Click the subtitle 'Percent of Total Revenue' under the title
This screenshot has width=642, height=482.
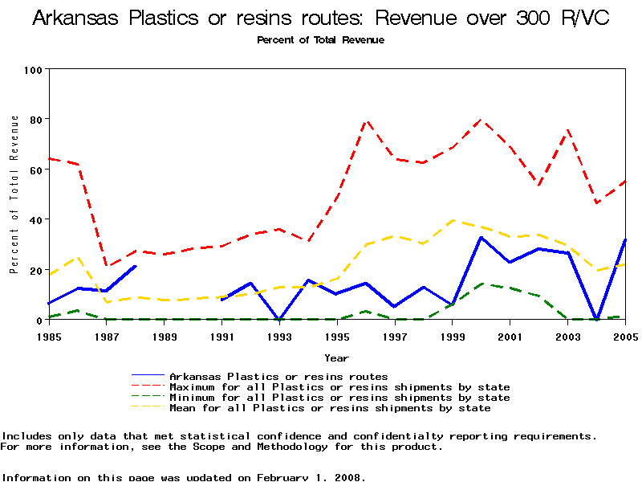(320, 40)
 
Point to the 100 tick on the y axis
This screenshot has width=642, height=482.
(33, 70)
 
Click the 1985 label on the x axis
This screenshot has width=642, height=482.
(50, 337)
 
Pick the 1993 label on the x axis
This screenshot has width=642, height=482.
(279, 337)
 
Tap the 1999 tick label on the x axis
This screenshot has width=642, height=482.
(452, 337)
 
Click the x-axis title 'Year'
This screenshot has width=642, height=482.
(336, 357)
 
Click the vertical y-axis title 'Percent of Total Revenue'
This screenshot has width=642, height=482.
(14, 194)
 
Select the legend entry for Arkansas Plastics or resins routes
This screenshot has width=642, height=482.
(278, 376)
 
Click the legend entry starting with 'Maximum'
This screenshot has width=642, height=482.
(339, 386)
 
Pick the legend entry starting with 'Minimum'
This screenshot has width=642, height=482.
(339, 397)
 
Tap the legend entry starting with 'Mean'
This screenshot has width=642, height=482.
(329, 407)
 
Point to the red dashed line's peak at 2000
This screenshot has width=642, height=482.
(481, 120)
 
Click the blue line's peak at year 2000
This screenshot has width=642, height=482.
(481, 237)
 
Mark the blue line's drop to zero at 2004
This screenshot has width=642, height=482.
(596, 319)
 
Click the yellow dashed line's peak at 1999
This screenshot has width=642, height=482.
(453, 220)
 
